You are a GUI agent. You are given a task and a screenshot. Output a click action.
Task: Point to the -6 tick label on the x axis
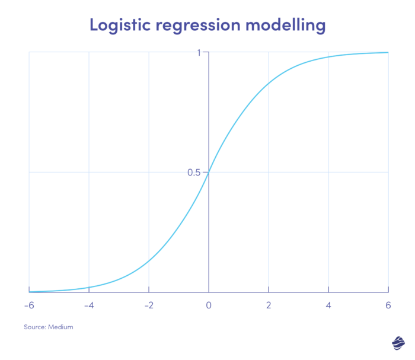[x=28, y=305]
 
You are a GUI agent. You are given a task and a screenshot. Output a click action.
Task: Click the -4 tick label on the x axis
[x=88, y=305]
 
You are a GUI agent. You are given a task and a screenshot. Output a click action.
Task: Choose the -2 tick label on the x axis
[x=148, y=305]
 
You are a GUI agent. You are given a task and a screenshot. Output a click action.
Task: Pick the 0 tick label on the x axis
[x=209, y=305]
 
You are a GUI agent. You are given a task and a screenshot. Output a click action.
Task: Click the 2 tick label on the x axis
[x=269, y=305]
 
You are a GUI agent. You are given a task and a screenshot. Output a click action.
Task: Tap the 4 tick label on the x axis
[x=328, y=305]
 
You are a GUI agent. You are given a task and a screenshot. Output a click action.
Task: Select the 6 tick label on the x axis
[x=388, y=305]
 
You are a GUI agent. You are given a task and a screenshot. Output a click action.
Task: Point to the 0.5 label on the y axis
[x=194, y=173]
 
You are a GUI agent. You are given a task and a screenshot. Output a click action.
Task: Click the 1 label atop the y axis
[x=200, y=52]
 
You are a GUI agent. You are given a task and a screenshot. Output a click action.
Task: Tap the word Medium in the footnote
[x=61, y=327]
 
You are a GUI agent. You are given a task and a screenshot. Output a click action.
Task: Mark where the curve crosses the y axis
[x=209, y=172]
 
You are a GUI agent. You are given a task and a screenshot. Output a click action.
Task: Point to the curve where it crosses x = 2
[x=269, y=81]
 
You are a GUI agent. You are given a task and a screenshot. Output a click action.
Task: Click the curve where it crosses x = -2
[x=149, y=263]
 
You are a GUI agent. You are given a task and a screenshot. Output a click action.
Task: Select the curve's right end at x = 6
[x=388, y=52]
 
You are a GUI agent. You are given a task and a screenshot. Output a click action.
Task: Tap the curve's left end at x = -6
[x=29, y=292]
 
